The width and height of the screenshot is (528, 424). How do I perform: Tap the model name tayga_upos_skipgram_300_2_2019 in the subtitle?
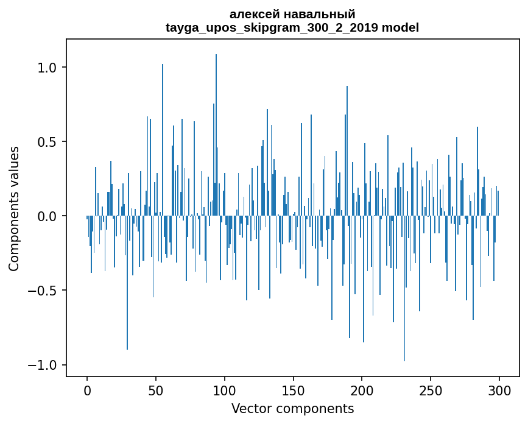pyautogui.click(x=272, y=27)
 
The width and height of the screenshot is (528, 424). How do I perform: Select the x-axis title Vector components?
pyautogui.click(x=292, y=408)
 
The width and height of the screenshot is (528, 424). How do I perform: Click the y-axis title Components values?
pyautogui.click(x=14, y=208)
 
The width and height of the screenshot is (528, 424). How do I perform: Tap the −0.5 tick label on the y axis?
pyautogui.click(x=43, y=291)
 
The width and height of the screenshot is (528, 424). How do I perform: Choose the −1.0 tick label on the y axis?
pyautogui.click(x=43, y=365)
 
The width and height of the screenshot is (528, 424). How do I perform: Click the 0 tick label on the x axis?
pyautogui.click(x=87, y=389)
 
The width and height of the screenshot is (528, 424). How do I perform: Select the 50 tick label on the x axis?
pyautogui.click(x=156, y=389)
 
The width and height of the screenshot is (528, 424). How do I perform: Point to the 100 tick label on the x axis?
pyautogui.click(x=225, y=389)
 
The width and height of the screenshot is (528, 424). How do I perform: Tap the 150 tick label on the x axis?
pyautogui.click(x=294, y=389)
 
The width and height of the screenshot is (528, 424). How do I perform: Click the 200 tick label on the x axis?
pyautogui.click(x=362, y=389)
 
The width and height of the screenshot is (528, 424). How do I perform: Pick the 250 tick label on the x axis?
pyautogui.click(x=431, y=389)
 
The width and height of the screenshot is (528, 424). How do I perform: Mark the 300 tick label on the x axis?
pyautogui.click(x=499, y=389)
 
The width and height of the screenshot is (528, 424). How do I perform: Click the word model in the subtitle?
pyautogui.click(x=400, y=27)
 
